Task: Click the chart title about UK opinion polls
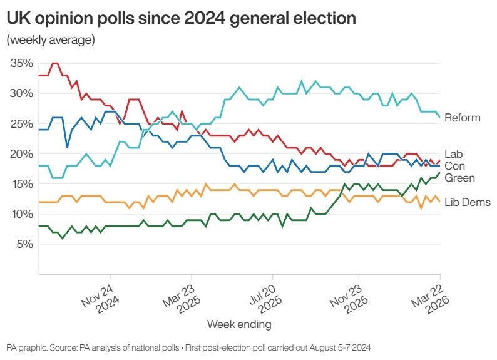tap(182, 18)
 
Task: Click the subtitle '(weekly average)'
tap(51, 41)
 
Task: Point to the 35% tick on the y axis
tap(22, 63)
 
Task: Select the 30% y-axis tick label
tap(22, 93)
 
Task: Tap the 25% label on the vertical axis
tap(22, 123)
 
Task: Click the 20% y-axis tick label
tap(22, 153)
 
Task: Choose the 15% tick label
tap(22, 183)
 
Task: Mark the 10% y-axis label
tap(22, 213)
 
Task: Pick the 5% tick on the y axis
tap(24, 244)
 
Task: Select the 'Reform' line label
tap(462, 118)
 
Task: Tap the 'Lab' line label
tap(453, 153)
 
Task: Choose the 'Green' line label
tap(459, 178)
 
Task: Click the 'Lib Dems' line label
tap(467, 202)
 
